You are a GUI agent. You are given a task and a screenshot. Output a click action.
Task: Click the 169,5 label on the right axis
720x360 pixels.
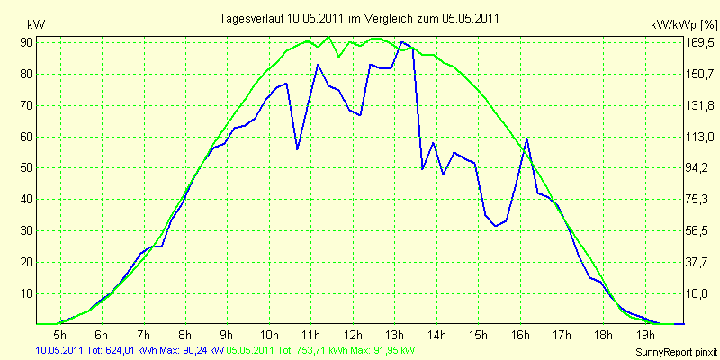[x=699, y=42]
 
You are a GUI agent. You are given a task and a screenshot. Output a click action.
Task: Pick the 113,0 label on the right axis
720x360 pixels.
[x=699, y=137]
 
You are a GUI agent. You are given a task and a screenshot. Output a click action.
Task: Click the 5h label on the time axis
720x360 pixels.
[x=60, y=334]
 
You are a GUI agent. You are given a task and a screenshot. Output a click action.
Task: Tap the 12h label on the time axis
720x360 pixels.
[x=353, y=334]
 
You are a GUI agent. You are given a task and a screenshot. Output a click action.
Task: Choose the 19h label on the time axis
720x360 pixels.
[x=645, y=334]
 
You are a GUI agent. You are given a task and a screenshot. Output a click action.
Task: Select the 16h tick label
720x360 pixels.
[x=520, y=334]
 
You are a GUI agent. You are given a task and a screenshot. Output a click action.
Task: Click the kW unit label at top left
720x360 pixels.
[x=36, y=25]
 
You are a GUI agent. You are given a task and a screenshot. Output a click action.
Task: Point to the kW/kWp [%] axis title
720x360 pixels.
[x=684, y=24]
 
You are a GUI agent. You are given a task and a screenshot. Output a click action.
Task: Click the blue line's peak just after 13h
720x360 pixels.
[x=402, y=42]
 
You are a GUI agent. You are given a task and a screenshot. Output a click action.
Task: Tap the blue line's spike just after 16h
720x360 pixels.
[x=527, y=139]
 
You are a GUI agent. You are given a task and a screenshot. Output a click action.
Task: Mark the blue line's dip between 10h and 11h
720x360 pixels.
[x=297, y=149]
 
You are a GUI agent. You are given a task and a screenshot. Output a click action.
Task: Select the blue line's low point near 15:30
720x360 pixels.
[x=496, y=226]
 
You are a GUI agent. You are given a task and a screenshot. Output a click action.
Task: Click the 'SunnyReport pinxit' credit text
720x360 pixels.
[x=676, y=352]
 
